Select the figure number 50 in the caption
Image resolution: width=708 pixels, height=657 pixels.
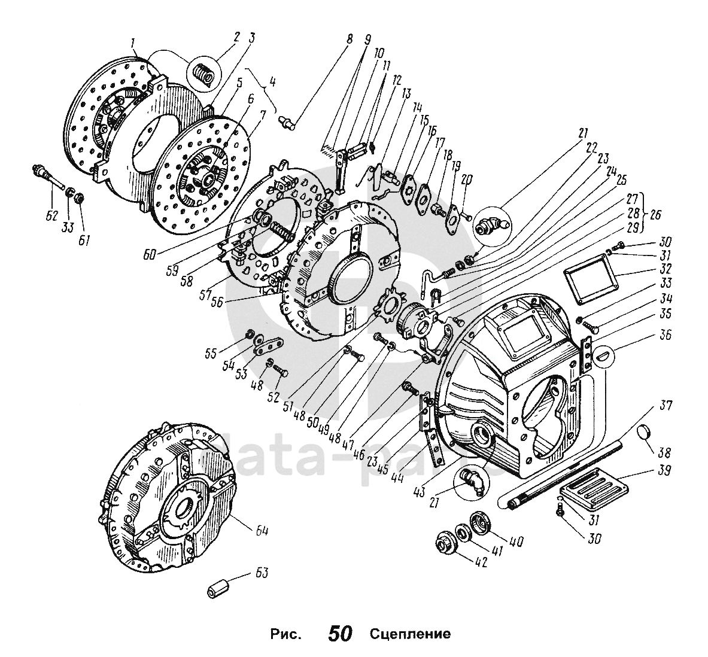[x=340, y=634]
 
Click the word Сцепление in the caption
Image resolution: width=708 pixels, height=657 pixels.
[x=409, y=634]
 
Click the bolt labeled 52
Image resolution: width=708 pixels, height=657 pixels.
[x=280, y=372]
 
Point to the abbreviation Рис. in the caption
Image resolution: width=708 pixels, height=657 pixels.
[x=284, y=634]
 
